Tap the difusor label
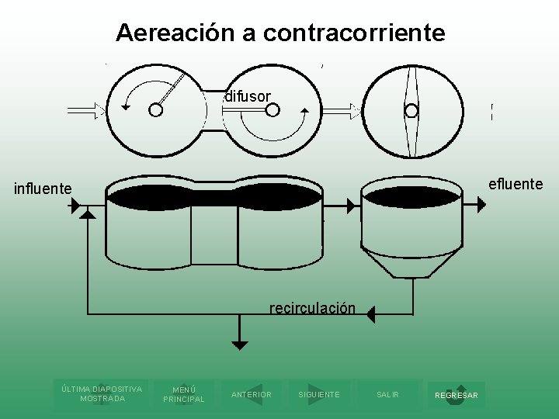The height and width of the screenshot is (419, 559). click(248, 96)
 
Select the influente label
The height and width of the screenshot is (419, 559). click(43, 189)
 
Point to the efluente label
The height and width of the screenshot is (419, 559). click(516, 184)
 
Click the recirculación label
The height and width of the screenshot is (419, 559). click(312, 309)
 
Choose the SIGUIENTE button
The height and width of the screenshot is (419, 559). click(318, 394)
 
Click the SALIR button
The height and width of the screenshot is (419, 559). click(387, 394)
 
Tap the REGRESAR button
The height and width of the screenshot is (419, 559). click(457, 395)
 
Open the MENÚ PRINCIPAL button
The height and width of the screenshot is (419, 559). click(183, 394)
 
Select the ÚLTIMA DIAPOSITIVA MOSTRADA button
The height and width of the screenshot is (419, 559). click(102, 393)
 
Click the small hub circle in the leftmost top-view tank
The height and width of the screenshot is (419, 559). click(156, 110)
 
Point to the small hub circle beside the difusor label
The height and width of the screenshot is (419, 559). click(273, 110)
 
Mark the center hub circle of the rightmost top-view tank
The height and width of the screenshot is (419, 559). click(411, 110)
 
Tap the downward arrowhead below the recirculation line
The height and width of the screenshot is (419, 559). click(240, 345)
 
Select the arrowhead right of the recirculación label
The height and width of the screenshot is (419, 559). click(370, 314)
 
